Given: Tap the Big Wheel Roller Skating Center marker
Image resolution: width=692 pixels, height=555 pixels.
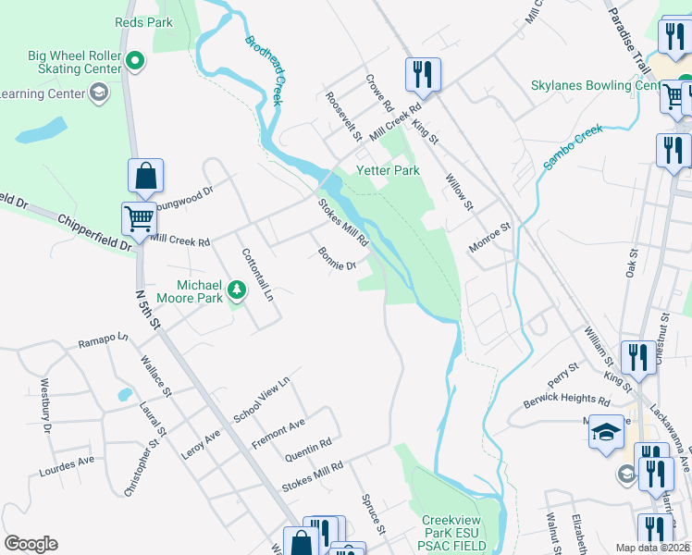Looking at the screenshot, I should pyautogui.click(x=136, y=62).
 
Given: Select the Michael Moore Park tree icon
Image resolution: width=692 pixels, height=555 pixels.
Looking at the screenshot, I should pyautogui.click(x=238, y=290).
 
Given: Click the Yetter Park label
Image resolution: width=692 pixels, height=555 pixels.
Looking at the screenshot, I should pyautogui.click(x=389, y=170).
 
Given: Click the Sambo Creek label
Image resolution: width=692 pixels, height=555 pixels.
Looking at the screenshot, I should pyautogui.click(x=574, y=147).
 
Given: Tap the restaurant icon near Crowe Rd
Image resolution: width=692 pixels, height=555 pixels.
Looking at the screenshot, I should pyautogui.click(x=423, y=73).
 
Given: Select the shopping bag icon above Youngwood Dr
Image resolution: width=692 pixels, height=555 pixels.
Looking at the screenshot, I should pyautogui.click(x=146, y=174).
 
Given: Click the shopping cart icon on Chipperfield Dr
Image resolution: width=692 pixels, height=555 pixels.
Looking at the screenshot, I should pyautogui.click(x=139, y=219).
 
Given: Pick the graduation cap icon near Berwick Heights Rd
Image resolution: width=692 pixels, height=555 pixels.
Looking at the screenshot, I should pyautogui.click(x=606, y=433).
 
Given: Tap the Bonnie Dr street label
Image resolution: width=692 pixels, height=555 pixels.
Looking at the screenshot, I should pyautogui.click(x=337, y=259).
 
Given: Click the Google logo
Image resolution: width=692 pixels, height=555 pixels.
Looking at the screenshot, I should pyautogui.click(x=31, y=544).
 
